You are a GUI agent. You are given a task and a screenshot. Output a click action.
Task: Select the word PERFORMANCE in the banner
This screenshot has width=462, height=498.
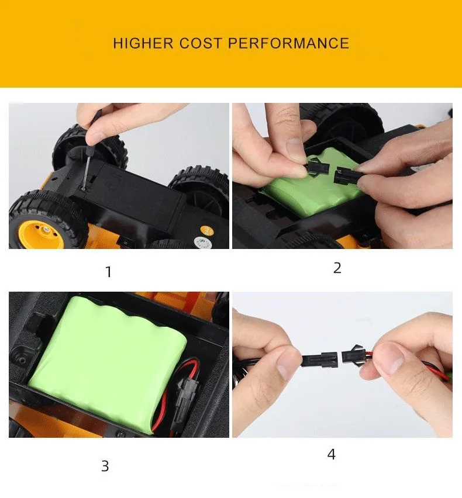point(288,43)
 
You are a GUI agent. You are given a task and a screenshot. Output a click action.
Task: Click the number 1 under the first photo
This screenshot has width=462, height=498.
point(108,272)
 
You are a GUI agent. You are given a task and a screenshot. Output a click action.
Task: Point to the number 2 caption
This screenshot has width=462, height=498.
point(337,268)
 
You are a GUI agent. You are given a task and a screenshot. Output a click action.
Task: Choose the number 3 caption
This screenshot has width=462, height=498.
point(105,466)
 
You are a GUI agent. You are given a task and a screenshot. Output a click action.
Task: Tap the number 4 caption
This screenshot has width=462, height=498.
point(332,454)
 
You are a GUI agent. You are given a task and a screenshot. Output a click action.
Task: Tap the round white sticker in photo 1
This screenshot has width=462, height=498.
point(203,241)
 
